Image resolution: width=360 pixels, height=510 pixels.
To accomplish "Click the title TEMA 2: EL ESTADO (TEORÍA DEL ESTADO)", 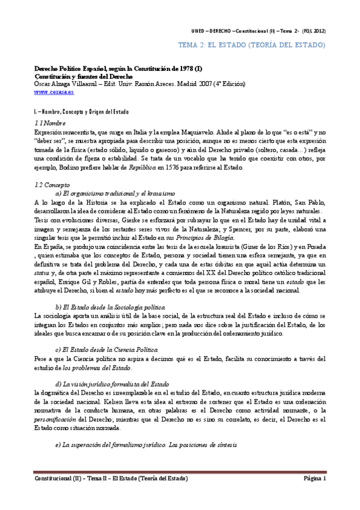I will (x=253, y=45).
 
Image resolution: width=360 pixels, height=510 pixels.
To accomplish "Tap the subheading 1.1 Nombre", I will (x=50, y=123).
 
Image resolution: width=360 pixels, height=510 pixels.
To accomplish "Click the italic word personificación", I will (x=56, y=419).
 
